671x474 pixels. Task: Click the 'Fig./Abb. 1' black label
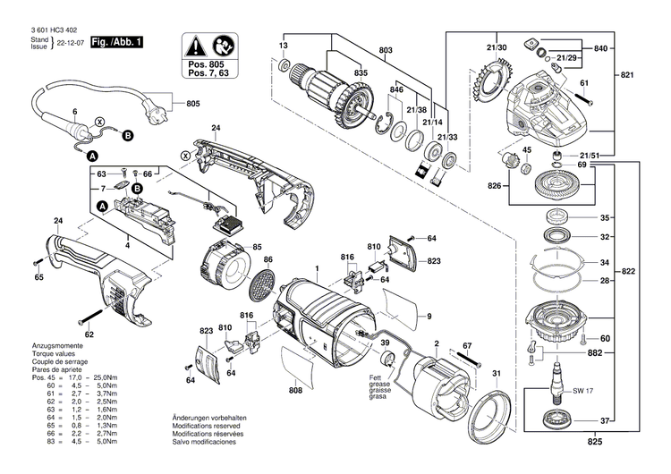119,42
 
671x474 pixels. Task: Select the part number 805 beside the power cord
193,104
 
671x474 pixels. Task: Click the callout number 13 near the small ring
283,45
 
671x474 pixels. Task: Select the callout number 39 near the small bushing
385,343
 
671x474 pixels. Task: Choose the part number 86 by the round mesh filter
268,258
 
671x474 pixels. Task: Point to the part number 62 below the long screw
89,334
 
